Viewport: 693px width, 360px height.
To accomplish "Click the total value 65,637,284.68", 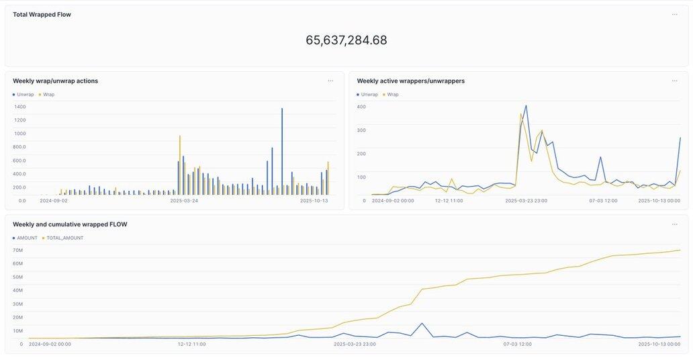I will (x=346, y=40).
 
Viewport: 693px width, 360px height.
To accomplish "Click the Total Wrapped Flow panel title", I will (x=42, y=14).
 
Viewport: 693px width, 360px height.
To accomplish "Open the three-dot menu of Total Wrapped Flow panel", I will (x=674, y=14).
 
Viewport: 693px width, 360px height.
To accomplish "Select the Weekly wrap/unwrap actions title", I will (x=55, y=81).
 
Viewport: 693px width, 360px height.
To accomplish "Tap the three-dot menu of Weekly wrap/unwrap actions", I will (x=330, y=81).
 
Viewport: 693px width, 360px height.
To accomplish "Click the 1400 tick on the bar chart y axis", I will (x=19, y=107).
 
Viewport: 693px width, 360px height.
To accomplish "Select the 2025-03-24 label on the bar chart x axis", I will (x=184, y=200).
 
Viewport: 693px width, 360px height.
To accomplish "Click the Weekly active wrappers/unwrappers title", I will (x=410, y=81).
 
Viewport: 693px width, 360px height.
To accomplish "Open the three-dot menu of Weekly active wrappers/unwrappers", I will (x=674, y=81).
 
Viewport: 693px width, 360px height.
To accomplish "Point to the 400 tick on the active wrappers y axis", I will (x=361, y=107).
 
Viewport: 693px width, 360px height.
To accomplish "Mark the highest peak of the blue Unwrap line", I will (x=526, y=105).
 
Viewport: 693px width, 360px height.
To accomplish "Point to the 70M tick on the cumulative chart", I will (x=18, y=250).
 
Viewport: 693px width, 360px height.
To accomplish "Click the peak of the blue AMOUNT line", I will (x=422, y=324).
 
